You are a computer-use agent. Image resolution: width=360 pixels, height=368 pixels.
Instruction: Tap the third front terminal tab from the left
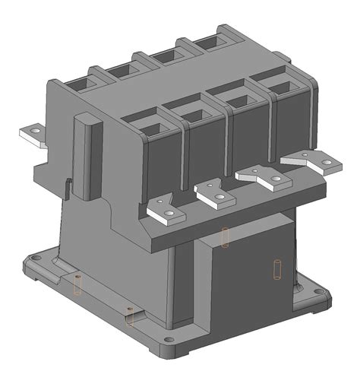pyautogui.click(x=262, y=176)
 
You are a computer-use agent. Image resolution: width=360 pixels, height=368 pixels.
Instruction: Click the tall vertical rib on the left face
pyautogui.click(x=87, y=156)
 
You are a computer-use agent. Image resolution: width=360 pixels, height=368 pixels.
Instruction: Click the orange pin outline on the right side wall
pyautogui.click(x=277, y=268)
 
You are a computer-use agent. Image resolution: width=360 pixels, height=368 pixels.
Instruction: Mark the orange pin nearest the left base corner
pyautogui.click(x=76, y=285)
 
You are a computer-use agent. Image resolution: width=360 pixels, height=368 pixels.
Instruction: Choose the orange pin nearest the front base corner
pyautogui.click(x=130, y=315)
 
